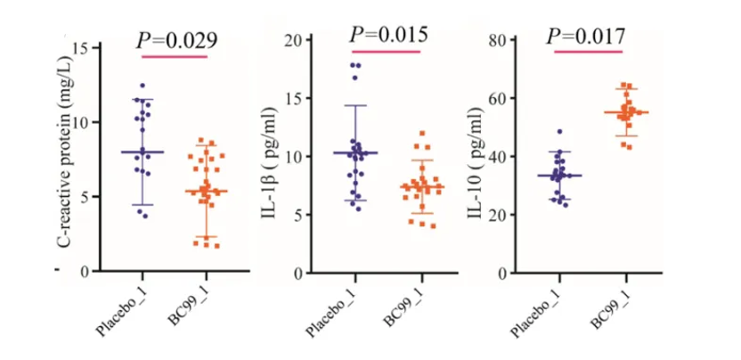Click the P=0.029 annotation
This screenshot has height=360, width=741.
(x=176, y=38)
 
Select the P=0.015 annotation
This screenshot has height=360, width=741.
(x=388, y=35)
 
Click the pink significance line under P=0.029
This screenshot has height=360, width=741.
(x=175, y=57)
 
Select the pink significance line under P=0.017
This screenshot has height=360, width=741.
(x=588, y=51)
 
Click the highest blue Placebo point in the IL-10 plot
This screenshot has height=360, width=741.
(x=559, y=132)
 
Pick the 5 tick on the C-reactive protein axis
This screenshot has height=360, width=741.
(x=85, y=196)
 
